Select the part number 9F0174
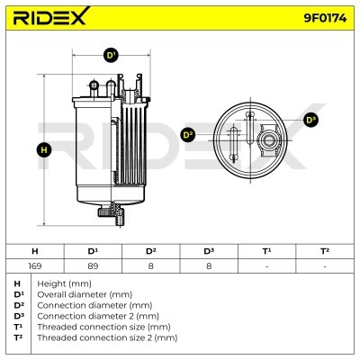click(x=325, y=18)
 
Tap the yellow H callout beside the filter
click(x=44, y=150)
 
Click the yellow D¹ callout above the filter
click(x=111, y=56)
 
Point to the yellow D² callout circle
click(x=187, y=135)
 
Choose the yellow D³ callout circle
click(x=310, y=120)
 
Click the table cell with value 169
click(x=35, y=265)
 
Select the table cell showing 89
click(x=93, y=265)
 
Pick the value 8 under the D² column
click(x=151, y=265)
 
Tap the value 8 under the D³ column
click(x=209, y=265)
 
